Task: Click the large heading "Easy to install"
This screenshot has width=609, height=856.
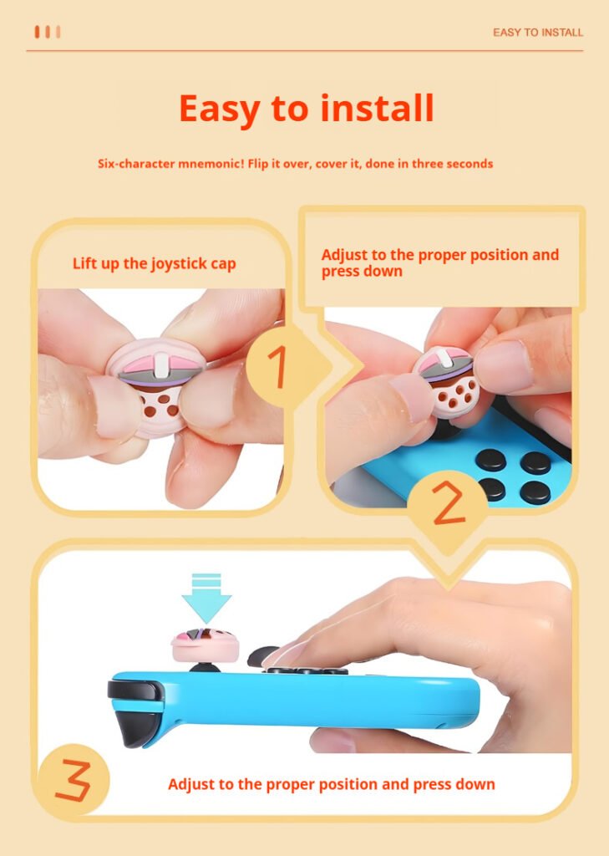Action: click(306, 110)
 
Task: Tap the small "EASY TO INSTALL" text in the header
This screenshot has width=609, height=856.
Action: click(538, 33)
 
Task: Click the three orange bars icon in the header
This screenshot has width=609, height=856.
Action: click(48, 33)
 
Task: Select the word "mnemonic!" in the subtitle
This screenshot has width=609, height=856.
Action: click(211, 164)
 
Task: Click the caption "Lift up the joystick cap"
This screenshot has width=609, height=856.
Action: click(155, 263)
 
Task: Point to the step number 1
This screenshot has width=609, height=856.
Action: click(278, 367)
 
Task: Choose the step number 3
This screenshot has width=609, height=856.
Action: click(74, 780)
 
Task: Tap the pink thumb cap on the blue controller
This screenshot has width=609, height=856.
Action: click(206, 645)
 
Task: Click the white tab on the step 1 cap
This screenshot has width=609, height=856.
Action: click(161, 366)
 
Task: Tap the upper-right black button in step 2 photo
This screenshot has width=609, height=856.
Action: click(535, 462)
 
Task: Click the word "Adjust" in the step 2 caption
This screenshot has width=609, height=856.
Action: click(344, 256)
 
